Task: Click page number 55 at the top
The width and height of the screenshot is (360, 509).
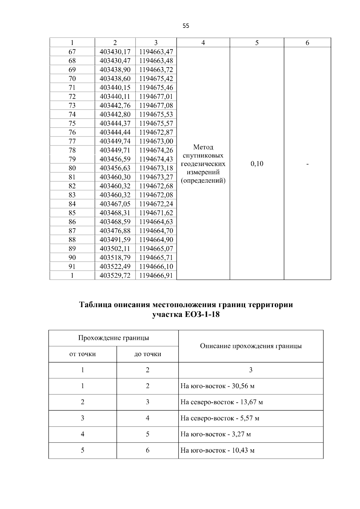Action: click(186, 26)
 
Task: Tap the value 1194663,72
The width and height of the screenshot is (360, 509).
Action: click(156, 70)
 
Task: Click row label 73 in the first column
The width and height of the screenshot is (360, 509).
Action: click(72, 106)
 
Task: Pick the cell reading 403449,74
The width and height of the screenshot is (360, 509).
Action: click(115, 141)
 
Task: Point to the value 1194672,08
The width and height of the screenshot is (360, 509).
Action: click(156, 195)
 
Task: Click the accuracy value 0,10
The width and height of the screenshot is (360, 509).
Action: click(257, 164)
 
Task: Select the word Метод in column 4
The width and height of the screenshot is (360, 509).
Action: click(203, 147)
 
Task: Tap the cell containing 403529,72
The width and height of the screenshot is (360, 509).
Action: click(115, 275)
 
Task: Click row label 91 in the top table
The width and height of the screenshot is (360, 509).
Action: click(72, 266)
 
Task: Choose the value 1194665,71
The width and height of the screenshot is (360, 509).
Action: click(156, 257)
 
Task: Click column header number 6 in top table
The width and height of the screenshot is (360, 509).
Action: click(307, 43)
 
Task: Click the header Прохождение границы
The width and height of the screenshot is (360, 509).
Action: click(113, 338)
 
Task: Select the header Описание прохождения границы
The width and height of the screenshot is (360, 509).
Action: click(251, 346)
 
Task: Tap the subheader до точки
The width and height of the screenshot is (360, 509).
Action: click(148, 354)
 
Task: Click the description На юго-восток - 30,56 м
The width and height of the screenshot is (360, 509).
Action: click(217, 386)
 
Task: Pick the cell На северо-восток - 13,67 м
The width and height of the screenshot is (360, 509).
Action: click(221, 402)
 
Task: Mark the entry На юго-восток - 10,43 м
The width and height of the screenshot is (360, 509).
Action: click(217, 451)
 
